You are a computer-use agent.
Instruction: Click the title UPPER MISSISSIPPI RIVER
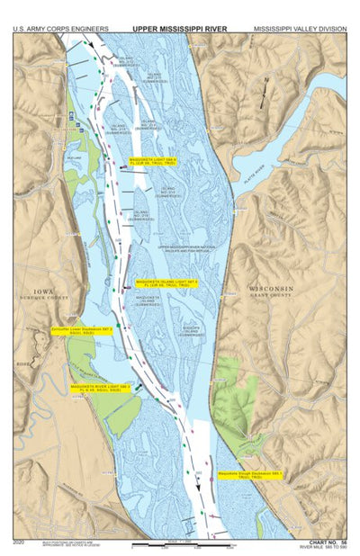tap(179, 29)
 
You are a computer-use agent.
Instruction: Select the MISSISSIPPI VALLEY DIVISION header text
tap(299, 29)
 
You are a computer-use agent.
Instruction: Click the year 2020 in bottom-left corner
tap(20, 543)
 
